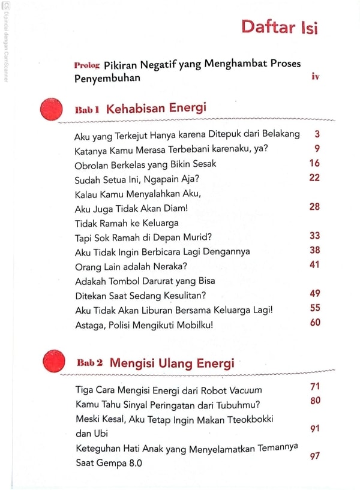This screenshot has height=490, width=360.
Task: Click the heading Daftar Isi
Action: [279, 27]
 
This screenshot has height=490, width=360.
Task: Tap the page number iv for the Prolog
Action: [315, 76]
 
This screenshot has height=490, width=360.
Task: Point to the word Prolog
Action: [87, 64]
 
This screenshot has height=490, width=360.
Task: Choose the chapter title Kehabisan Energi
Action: [156, 108]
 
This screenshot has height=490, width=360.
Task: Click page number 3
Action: [317, 133]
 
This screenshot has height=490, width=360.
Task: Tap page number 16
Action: [314, 163]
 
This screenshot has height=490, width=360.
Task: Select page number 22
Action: [314, 178]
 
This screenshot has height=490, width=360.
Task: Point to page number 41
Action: [314, 264]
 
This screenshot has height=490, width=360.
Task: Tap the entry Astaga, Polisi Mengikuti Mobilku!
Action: [145, 325]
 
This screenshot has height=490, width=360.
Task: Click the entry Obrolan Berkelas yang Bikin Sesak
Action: [145, 164]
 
